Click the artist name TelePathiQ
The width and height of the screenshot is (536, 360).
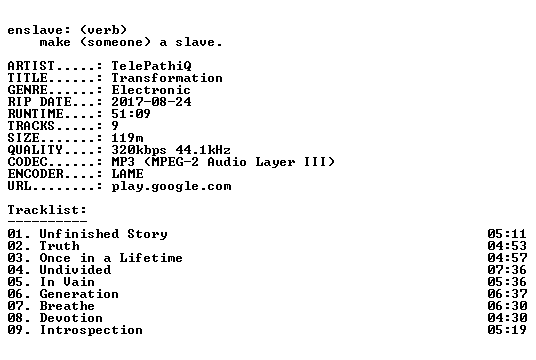[x=151, y=66]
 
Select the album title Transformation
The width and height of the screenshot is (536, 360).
[x=167, y=78]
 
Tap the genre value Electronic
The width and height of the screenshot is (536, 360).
[x=151, y=90]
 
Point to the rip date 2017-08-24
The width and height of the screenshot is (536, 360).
[x=151, y=102]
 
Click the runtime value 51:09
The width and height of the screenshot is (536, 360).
[x=131, y=114]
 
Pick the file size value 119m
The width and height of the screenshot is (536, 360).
[x=128, y=138]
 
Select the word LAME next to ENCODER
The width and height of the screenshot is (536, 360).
[x=128, y=174]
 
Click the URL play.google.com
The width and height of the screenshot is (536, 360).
[x=171, y=186]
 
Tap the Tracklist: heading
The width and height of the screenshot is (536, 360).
[x=47, y=210]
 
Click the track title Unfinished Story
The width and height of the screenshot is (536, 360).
[x=104, y=234]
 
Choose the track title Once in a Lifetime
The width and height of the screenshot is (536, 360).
[x=111, y=258]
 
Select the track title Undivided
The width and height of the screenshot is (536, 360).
[x=76, y=270]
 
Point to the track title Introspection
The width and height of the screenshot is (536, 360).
[x=91, y=330]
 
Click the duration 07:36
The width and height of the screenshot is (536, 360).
[x=507, y=270]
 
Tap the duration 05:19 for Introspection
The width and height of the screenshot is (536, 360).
[x=507, y=330]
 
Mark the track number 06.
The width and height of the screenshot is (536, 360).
[x=15, y=294]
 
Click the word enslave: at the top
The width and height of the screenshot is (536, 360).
[x=39, y=30]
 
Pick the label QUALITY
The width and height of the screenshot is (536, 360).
[x=35, y=150]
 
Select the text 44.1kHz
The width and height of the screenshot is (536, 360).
[x=203, y=150]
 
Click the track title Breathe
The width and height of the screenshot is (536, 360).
[x=67, y=306]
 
